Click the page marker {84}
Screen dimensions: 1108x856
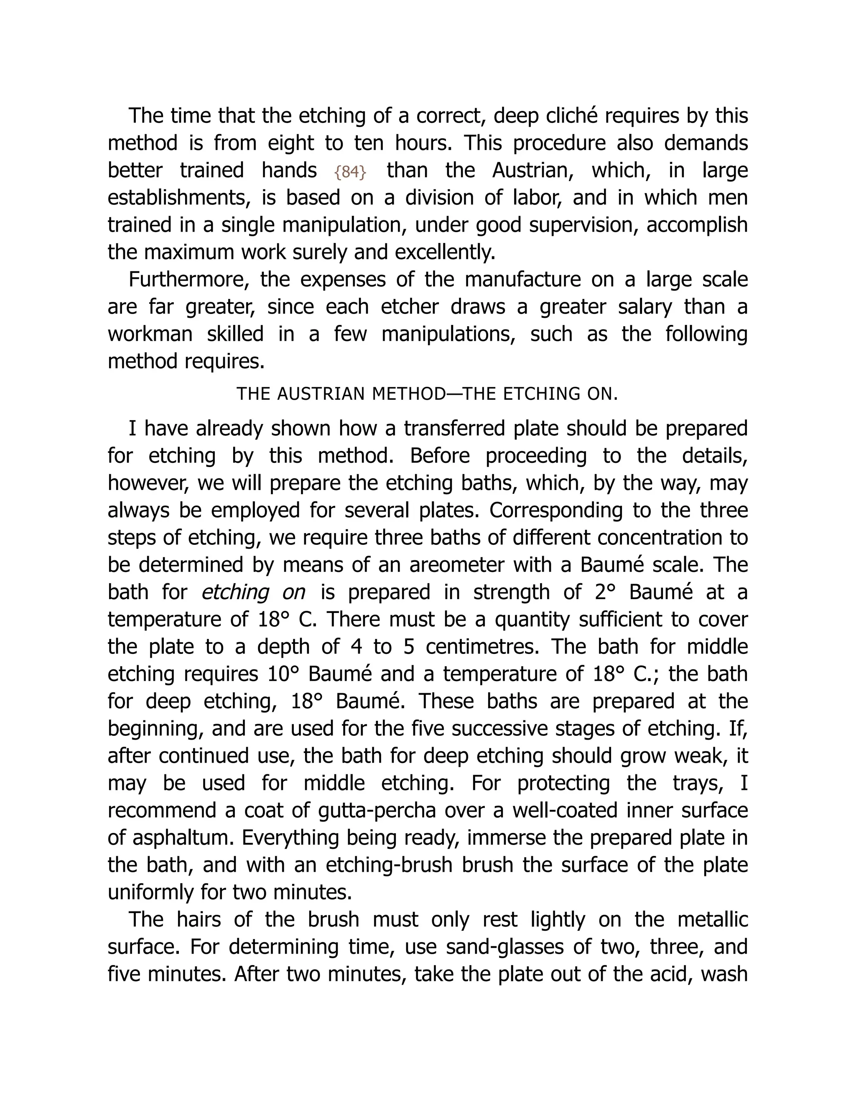pyautogui.click(x=350, y=172)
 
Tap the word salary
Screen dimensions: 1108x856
pyautogui.click(x=645, y=307)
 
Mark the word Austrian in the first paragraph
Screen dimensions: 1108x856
pyautogui.click(x=532, y=171)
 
